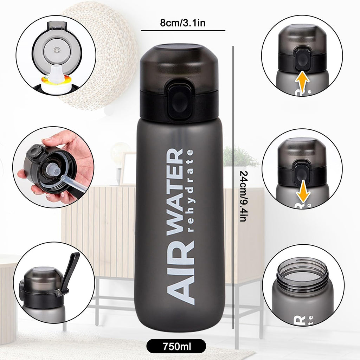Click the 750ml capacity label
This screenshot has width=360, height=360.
point(176,346)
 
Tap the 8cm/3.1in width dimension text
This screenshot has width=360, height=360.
point(183,23)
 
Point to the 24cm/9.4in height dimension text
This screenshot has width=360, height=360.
point(243,196)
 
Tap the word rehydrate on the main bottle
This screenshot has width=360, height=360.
point(190,191)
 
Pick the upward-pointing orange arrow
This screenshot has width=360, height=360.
point(302,81)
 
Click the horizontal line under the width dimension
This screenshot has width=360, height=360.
point(183,30)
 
